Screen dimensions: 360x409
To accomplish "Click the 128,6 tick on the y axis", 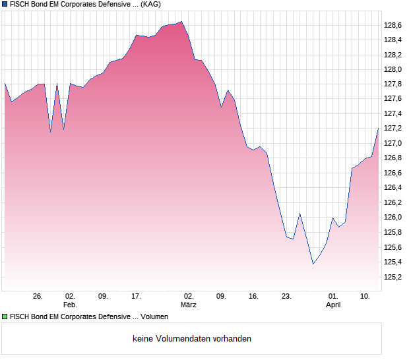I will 393,25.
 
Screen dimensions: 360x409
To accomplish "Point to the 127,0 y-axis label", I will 393,143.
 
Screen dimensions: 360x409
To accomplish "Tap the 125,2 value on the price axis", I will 393,277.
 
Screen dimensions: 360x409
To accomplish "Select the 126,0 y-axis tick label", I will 393,218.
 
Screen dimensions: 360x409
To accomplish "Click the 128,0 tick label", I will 393,69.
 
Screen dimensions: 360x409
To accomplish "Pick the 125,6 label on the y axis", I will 393,247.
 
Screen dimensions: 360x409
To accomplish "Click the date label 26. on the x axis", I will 38,297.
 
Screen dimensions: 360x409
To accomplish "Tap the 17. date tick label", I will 136,297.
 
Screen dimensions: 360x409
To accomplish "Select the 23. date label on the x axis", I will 286,297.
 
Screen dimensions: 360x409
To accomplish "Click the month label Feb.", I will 70,305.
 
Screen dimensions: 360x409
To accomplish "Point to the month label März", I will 189,305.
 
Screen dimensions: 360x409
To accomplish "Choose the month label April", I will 334,305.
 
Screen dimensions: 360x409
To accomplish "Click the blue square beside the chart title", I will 5,5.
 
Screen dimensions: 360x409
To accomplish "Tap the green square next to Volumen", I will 5,317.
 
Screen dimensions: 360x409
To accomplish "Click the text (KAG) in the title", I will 150,5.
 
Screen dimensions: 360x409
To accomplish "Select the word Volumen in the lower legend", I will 154,317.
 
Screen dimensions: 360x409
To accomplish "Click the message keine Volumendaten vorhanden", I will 192,339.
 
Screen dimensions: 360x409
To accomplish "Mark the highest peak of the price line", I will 181,21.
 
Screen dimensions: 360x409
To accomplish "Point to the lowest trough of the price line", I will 313,264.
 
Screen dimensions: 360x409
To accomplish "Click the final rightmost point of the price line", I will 379,127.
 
